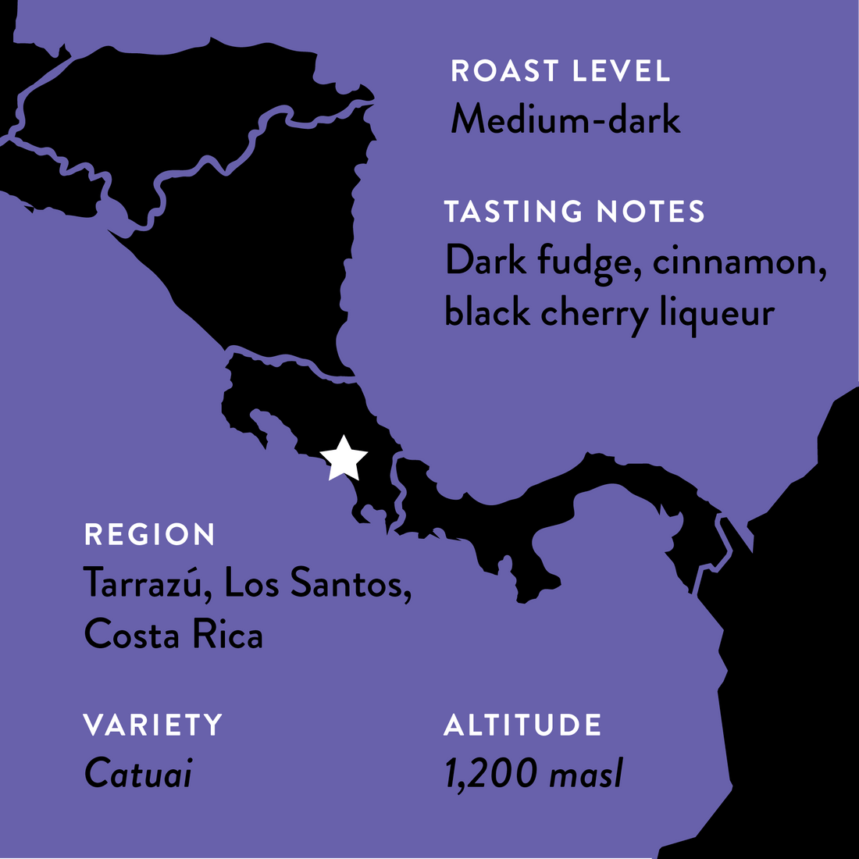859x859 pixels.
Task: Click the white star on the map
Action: click(344, 458)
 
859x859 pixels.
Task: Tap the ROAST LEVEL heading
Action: click(561, 71)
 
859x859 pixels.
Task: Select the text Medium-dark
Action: click(565, 120)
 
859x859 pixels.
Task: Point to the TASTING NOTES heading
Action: click(574, 212)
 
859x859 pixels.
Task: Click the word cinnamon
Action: click(738, 262)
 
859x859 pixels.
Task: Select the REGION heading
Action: click(149, 535)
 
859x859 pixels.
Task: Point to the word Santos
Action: click(351, 583)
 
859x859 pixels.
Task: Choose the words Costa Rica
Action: click(173, 634)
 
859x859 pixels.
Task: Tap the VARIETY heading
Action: click(153, 725)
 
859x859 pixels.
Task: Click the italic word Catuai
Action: click(137, 774)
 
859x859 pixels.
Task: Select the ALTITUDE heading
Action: click(522, 725)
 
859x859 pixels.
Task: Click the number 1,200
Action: click(491, 774)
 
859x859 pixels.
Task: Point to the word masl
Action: click(586, 774)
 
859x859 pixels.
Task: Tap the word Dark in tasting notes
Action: click(486, 262)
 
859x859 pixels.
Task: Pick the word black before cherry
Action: click(487, 312)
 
